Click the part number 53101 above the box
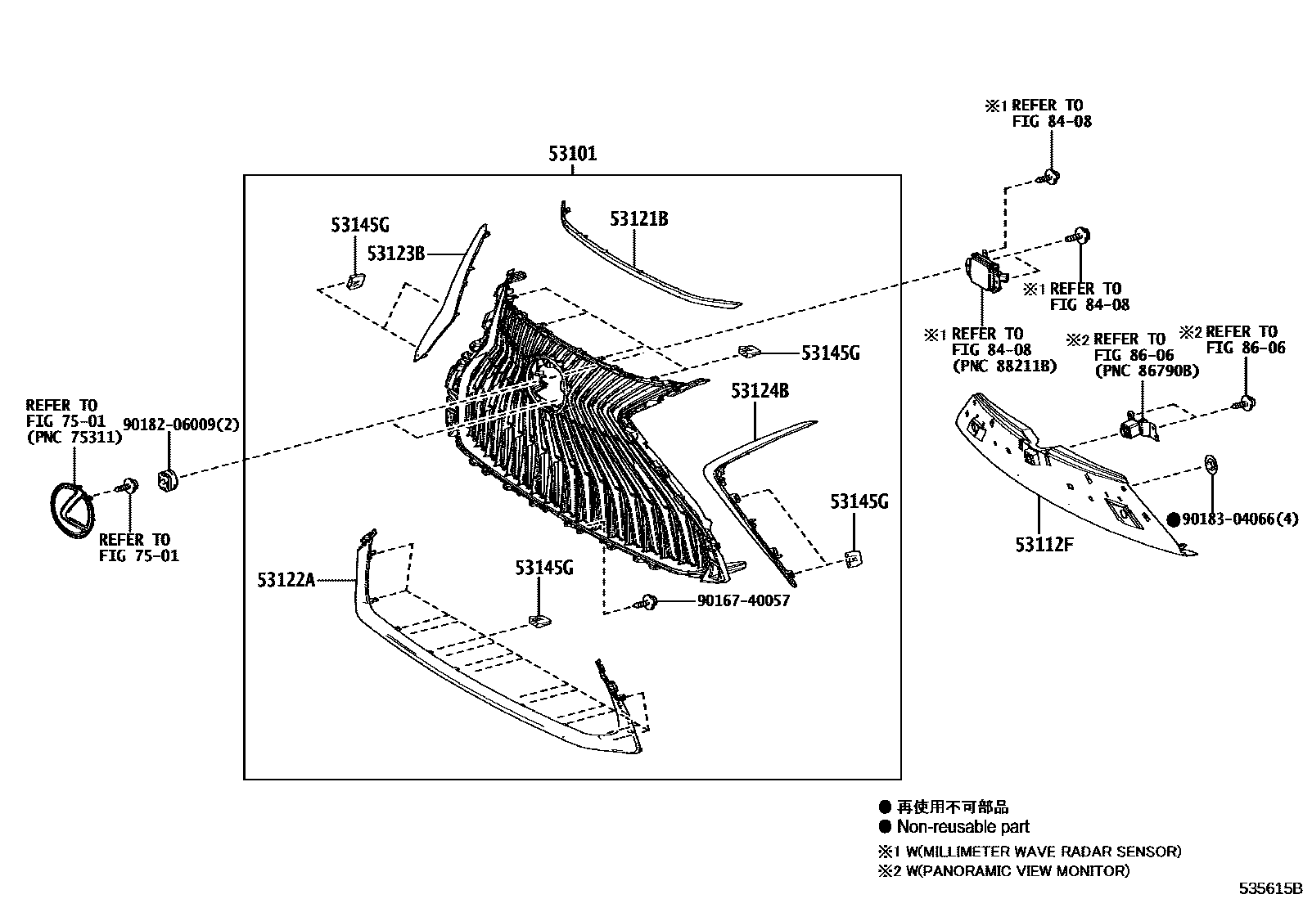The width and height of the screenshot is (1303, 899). coord(572,154)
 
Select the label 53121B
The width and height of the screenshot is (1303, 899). coord(638,219)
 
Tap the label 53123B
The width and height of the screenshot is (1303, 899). coord(395,254)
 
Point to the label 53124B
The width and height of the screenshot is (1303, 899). coord(760,391)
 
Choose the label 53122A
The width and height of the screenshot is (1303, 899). coord(286,580)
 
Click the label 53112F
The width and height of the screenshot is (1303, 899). coord(1044,543)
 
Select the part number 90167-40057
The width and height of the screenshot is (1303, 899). coord(743,601)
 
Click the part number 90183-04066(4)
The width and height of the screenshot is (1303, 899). coord(1241,519)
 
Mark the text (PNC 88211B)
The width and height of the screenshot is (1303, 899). coord(1003,366)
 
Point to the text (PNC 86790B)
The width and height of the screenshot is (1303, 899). coord(1147,371)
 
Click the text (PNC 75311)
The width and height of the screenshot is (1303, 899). coord(74,437)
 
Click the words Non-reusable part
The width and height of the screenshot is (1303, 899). coord(963,827)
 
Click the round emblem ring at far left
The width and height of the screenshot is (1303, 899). coord(73,510)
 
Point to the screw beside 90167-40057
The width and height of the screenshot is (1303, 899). coord(649,603)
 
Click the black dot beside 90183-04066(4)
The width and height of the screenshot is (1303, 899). coord(1173,519)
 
